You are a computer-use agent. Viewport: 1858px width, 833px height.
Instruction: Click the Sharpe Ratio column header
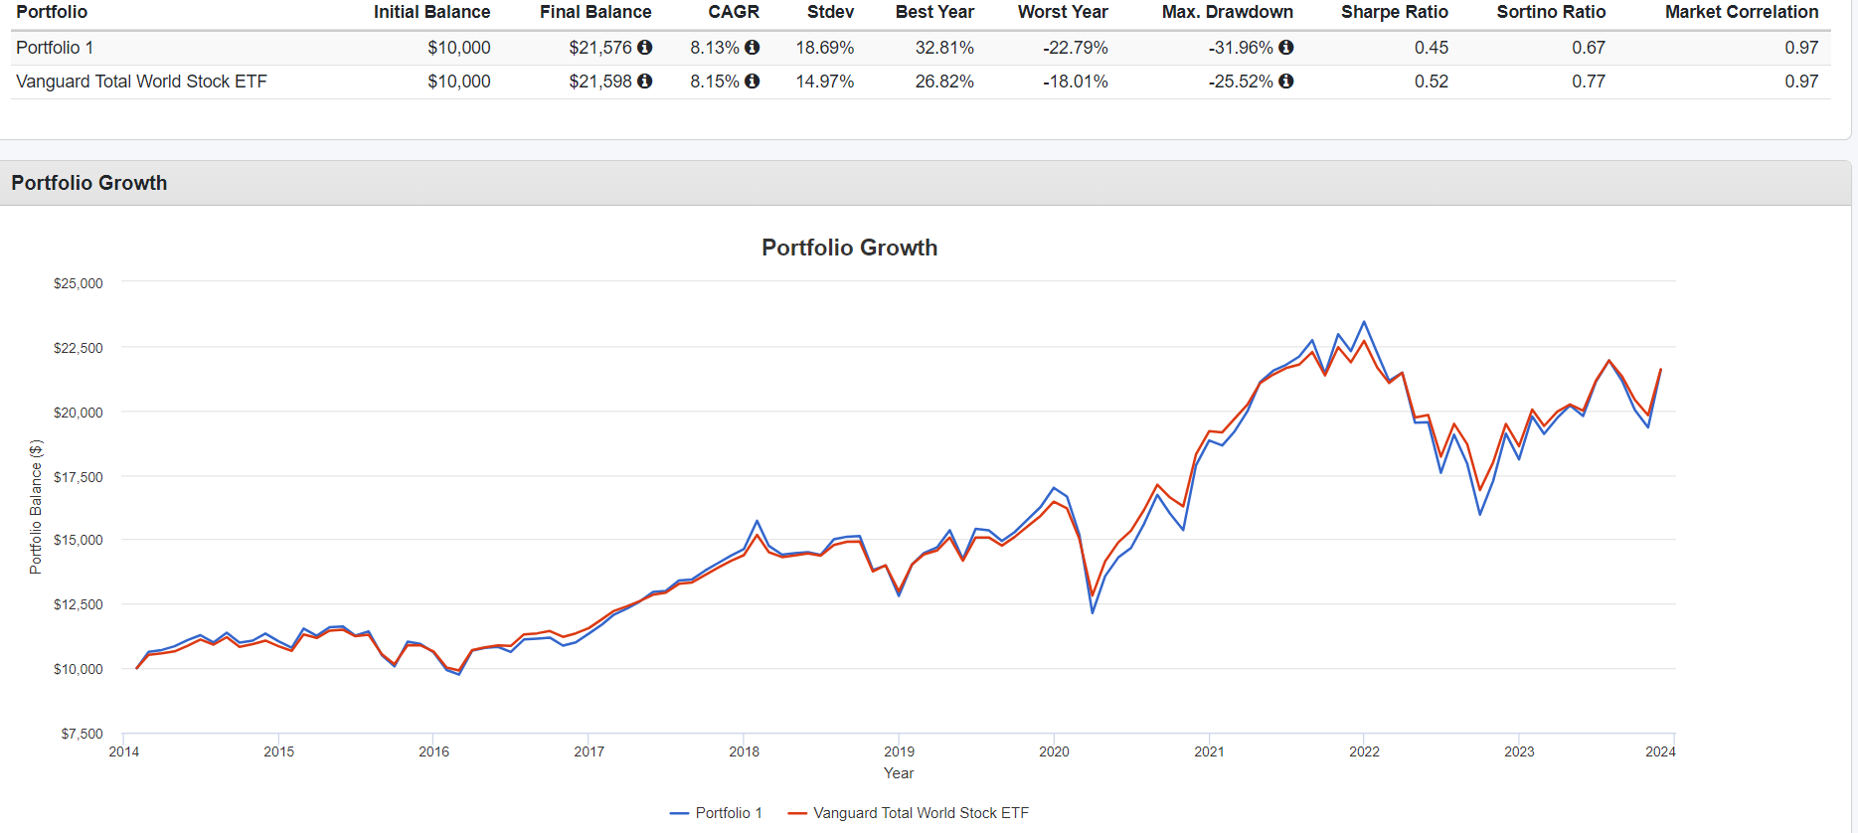[1394, 12]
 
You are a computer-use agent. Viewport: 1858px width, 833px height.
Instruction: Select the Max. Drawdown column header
[1227, 12]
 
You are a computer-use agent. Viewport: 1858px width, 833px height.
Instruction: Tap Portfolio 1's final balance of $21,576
[599, 48]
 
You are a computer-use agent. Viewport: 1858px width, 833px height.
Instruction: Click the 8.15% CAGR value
[715, 82]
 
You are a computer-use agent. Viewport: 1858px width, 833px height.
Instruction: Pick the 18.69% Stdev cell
[824, 48]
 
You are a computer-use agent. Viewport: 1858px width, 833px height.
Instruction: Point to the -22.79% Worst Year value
[1075, 48]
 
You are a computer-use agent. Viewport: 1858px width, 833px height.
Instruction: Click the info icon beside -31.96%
[1286, 48]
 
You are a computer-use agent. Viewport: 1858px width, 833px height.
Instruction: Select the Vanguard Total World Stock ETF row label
[141, 82]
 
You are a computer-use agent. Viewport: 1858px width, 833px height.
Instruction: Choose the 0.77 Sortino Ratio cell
[1588, 82]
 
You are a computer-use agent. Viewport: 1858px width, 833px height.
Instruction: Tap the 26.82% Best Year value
[943, 82]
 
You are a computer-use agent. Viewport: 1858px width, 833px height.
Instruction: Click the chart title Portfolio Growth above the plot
[849, 248]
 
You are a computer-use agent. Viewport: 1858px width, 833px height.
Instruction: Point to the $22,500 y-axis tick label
[79, 348]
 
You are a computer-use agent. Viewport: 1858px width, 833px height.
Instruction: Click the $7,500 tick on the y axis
[82, 734]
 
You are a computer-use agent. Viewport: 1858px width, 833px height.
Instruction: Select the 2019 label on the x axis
[899, 751]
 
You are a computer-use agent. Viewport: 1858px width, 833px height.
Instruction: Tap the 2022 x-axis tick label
[1364, 751]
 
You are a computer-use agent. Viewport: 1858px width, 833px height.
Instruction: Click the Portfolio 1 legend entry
[717, 813]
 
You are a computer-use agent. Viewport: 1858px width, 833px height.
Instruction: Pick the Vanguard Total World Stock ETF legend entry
[909, 813]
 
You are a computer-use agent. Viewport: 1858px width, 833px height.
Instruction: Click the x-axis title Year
[899, 773]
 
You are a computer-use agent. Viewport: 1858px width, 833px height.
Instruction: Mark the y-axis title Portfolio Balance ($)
[36, 507]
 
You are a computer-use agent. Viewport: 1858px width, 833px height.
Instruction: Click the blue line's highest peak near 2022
[1364, 322]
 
